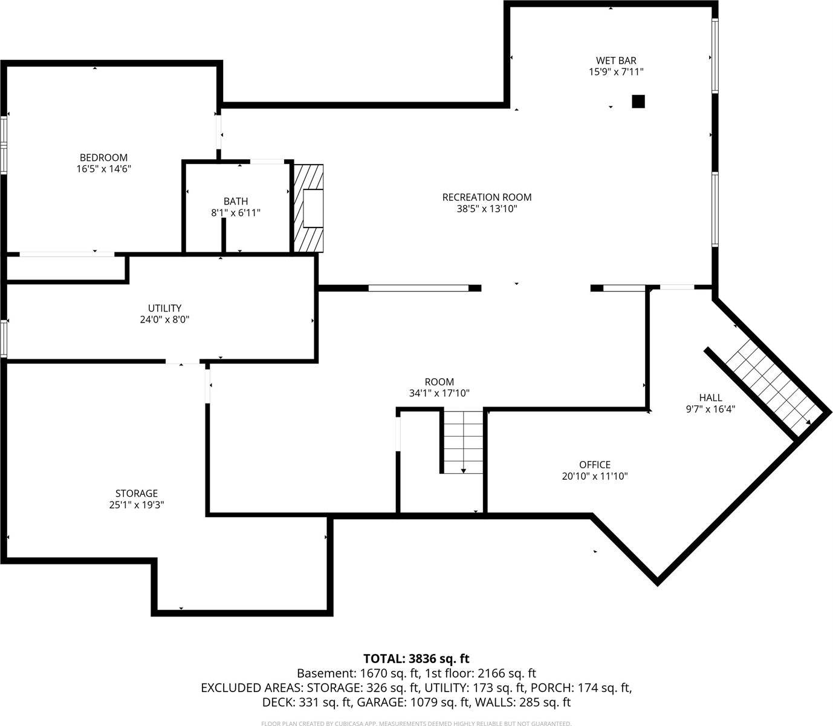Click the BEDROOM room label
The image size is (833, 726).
tap(103, 158)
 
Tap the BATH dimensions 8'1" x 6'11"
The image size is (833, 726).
tap(235, 213)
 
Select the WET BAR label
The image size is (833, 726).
tap(616, 60)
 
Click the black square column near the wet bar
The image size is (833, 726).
tap(638, 102)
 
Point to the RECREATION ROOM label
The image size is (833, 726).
tap(487, 197)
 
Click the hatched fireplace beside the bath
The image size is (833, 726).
tap(308, 208)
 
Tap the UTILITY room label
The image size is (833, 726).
tap(164, 309)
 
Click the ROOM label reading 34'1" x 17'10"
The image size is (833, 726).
tap(439, 382)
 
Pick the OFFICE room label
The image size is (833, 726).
tap(595, 465)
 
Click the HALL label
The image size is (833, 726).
tap(710, 397)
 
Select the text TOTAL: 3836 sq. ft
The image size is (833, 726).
tap(416, 659)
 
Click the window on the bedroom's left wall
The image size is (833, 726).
tap(4, 145)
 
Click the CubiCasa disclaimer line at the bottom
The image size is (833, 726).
tap(416, 723)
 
